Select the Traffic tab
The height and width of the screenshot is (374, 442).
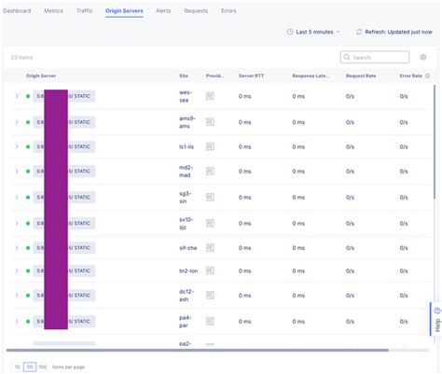(85, 10)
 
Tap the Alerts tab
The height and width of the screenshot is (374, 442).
(164, 10)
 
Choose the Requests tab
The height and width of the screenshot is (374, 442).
(196, 10)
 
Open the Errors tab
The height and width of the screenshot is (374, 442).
(228, 10)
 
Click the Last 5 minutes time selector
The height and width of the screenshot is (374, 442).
(313, 32)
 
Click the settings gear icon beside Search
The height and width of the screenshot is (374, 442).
(422, 57)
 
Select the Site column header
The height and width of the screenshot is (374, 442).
(184, 76)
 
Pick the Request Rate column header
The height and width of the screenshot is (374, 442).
(361, 76)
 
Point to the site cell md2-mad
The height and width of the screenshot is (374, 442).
(186, 172)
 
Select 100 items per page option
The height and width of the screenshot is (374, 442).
(43, 367)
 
